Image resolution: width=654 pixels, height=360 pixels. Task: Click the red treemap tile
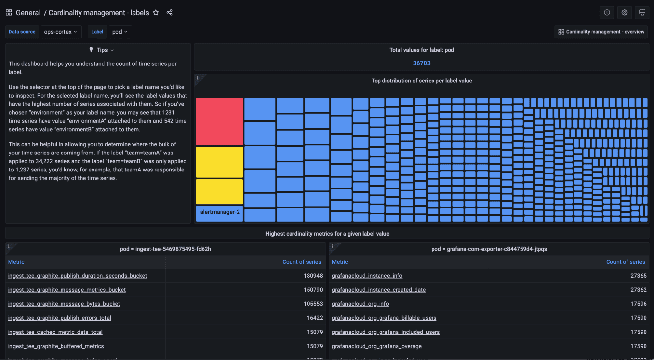[x=219, y=121]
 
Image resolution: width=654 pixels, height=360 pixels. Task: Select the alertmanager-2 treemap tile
[x=220, y=213]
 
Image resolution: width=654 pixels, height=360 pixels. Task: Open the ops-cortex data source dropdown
[x=61, y=32]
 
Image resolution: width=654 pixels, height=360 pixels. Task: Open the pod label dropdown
[x=120, y=32]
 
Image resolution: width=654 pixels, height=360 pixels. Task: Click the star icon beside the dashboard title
[x=156, y=13]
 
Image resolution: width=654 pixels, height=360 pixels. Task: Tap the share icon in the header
[x=169, y=13]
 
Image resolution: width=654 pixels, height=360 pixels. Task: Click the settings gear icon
[x=624, y=13]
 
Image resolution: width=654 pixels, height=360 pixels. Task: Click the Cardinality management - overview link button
[x=601, y=32]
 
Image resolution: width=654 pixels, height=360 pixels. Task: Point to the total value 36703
[x=421, y=63]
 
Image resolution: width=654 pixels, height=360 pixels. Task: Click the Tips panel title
[x=102, y=50]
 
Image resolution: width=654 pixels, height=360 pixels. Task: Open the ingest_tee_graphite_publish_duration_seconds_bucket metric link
[x=78, y=276]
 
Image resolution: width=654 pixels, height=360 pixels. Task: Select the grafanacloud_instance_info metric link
[x=367, y=276]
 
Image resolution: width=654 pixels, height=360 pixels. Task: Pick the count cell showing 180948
[x=313, y=276]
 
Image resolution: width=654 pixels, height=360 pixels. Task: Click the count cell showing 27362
[x=638, y=290]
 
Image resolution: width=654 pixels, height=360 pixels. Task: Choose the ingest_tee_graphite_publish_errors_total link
[x=60, y=318]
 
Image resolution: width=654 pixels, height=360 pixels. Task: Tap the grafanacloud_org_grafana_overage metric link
[x=377, y=346]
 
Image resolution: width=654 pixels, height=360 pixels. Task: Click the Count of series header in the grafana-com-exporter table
[x=625, y=262]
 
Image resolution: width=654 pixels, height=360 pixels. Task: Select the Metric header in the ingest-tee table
[x=16, y=262]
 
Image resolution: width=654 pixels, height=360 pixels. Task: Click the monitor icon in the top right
[x=642, y=13]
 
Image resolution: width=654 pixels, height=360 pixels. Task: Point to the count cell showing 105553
[x=313, y=304]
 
